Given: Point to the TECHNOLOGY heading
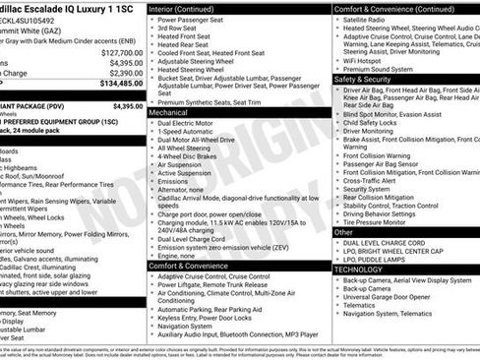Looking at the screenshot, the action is pyautogui.click(x=358, y=269).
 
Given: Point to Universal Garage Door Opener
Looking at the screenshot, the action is pyautogui.click(x=399, y=296).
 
